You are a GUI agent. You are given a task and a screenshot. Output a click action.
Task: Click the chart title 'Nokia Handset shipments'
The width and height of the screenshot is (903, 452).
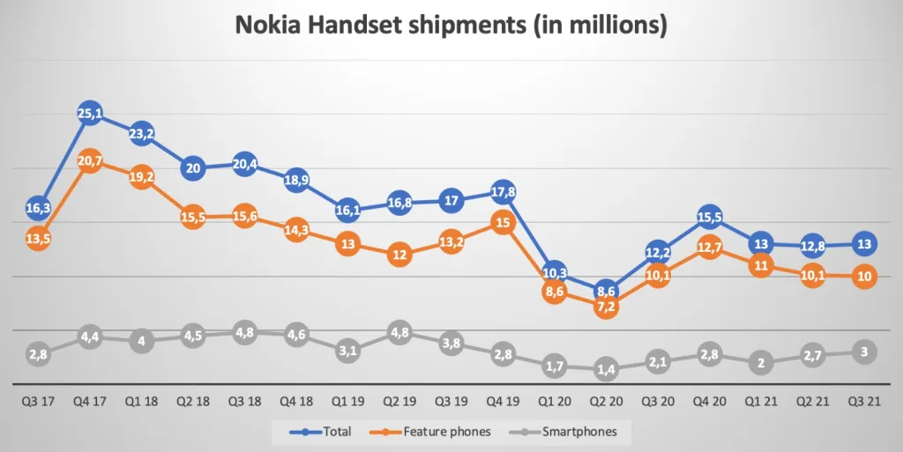(x=451, y=26)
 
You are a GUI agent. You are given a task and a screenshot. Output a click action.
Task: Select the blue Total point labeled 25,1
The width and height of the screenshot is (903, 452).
(x=90, y=113)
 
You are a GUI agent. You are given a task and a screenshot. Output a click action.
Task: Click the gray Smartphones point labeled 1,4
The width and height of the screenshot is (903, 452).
(x=606, y=369)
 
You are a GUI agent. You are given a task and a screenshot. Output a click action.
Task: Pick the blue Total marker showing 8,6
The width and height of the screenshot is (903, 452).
(x=606, y=291)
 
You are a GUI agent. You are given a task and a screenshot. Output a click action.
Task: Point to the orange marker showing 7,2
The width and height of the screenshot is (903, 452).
(x=606, y=307)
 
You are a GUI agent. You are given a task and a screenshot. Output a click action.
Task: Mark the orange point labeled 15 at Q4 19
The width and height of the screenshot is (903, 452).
(x=503, y=223)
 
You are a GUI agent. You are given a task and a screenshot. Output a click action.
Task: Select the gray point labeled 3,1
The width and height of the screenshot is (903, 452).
(x=347, y=351)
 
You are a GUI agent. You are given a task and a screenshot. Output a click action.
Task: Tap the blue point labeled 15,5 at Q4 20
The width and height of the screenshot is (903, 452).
(x=709, y=217)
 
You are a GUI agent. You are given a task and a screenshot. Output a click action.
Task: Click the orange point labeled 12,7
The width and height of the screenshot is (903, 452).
(x=709, y=248)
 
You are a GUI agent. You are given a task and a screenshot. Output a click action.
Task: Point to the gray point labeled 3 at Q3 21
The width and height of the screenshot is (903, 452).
(x=863, y=352)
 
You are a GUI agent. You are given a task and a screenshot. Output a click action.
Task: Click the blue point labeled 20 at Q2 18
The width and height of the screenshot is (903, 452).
(x=193, y=168)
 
